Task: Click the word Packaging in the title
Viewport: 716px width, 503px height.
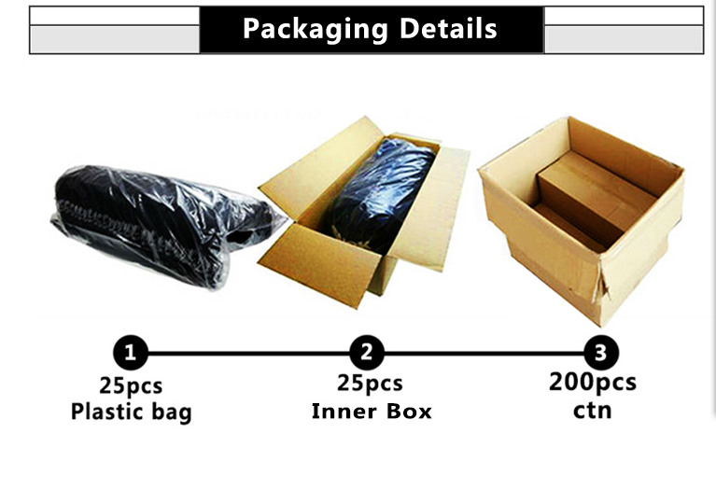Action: [316, 28]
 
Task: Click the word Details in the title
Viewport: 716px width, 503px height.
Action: [448, 28]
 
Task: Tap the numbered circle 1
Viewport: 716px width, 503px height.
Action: [131, 353]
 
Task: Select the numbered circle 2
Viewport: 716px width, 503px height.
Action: [367, 353]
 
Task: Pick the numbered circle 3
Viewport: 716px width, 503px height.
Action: [600, 353]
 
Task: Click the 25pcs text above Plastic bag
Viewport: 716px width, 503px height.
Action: [132, 384]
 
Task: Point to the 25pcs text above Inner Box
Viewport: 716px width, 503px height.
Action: [370, 383]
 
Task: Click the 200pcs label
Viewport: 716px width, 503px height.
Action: [593, 381]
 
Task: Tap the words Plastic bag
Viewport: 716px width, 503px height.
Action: [131, 411]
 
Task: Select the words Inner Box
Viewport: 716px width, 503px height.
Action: [372, 410]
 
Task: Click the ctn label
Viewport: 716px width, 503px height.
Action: [592, 408]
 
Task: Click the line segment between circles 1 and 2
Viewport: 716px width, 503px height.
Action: [248, 353]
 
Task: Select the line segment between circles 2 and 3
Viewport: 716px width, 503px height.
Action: [484, 353]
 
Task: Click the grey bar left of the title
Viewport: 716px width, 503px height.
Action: [115, 38]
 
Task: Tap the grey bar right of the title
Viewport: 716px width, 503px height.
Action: [623, 38]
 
